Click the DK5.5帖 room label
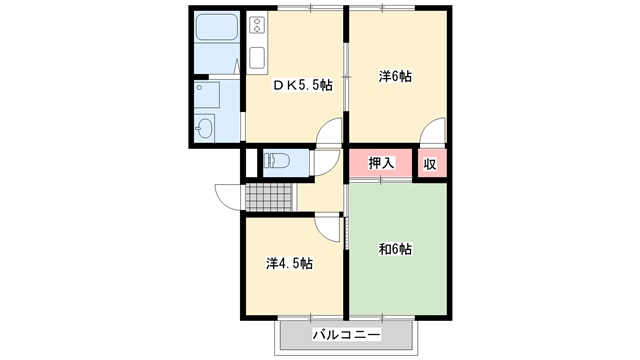[x=302, y=85]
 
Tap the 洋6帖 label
[x=395, y=76]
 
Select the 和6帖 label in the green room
[x=395, y=249]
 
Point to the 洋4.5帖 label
[x=289, y=263]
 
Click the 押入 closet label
[x=381, y=163]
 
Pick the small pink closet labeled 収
[x=430, y=164]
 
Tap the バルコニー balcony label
[x=347, y=335]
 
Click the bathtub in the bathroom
[x=217, y=27]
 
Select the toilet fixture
[x=277, y=160]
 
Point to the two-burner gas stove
[x=257, y=25]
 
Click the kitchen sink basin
[x=257, y=57]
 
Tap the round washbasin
[x=204, y=127]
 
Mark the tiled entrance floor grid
[x=269, y=198]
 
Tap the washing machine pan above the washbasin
[x=207, y=95]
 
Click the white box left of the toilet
[x=251, y=163]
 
